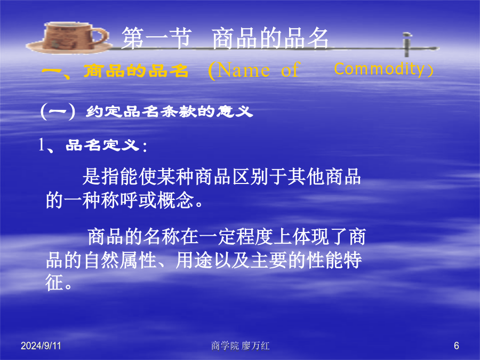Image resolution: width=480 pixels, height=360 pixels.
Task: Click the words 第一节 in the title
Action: click(157, 38)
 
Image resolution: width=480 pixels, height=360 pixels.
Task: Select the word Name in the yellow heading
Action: click(244, 70)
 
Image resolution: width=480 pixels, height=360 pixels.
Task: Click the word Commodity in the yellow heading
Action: click(379, 69)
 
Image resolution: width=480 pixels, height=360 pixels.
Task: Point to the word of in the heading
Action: click(290, 70)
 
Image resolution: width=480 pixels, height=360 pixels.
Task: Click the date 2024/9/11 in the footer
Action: click(41, 346)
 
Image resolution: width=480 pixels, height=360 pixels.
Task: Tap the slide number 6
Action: click(457, 346)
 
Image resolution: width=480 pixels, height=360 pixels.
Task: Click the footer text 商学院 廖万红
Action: click(241, 346)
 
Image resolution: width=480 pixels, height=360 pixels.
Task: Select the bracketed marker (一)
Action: click(58, 111)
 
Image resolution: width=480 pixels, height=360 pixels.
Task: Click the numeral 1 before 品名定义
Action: click(41, 145)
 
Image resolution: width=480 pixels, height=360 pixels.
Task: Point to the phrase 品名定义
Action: click(102, 145)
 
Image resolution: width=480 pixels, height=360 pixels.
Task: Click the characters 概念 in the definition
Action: click(175, 201)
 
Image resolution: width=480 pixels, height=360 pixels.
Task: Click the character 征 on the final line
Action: click(54, 282)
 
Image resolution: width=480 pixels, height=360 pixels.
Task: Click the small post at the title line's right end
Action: click(406, 45)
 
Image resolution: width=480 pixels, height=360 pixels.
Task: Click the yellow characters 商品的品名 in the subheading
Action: click(135, 71)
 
